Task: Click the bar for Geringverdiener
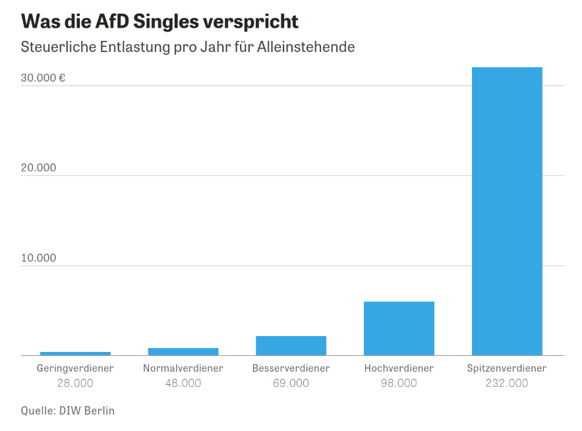pyautogui.click(x=75, y=353)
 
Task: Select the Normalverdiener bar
pyautogui.click(x=183, y=351)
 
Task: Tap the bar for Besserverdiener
pyautogui.click(x=291, y=345)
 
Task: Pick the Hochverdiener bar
pyautogui.click(x=399, y=328)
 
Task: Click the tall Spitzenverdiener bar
pyautogui.click(x=507, y=211)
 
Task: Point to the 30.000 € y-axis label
pyautogui.click(x=43, y=78)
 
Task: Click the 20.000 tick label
pyautogui.click(x=38, y=168)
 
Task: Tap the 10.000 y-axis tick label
pyautogui.click(x=38, y=258)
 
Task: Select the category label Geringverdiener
pyautogui.click(x=75, y=368)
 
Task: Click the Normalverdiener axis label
pyautogui.click(x=183, y=368)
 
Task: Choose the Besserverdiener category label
pyautogui.click(x=291, y=368)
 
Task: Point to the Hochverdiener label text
pyautogui.click(x=399, y=368)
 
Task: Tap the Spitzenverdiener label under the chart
pyautogui.click(x=507, y=368)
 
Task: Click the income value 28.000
pyautogui.click(x=75, y=383)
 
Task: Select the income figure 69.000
pyautogui.click(x=291, y=383)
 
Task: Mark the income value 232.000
pyautogui.click(x=507, y=383)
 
